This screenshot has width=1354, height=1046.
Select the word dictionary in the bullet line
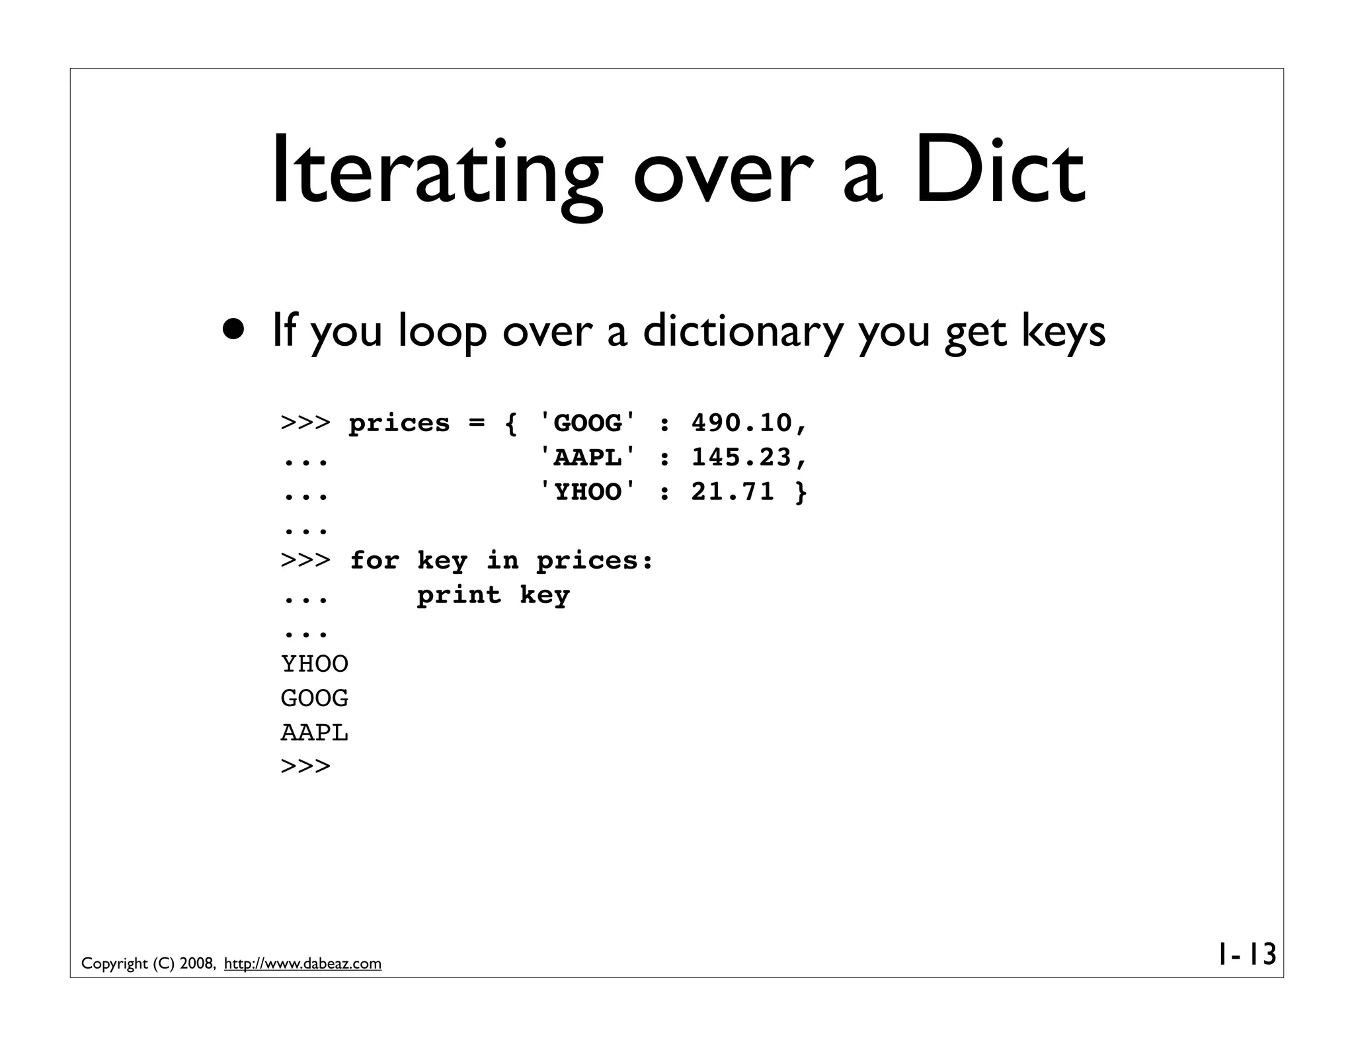click(742, 330)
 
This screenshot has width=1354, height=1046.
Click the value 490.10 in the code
click(741, 423)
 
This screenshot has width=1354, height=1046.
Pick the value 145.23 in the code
click(741, 458)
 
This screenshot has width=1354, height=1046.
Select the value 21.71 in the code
click(733, 492)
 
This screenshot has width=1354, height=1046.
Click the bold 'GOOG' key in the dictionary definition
click(587, 423)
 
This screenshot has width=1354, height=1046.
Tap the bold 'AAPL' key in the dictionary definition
click(587, 458)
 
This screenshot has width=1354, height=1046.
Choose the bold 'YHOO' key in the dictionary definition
click(587, 492)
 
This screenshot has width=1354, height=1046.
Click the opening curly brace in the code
click(510, 423)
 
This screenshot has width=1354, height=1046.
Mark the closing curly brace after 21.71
click(801, 492)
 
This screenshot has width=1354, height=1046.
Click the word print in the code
click(459, 595)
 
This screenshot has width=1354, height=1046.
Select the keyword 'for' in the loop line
click(374, 561)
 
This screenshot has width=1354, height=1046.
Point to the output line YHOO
click(315, 664)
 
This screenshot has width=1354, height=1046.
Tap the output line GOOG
click(315, 698)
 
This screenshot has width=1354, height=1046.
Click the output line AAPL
click(315, 733)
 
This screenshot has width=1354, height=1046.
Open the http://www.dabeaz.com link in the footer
click(303, 964)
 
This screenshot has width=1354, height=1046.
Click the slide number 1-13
click(1246, 954)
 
